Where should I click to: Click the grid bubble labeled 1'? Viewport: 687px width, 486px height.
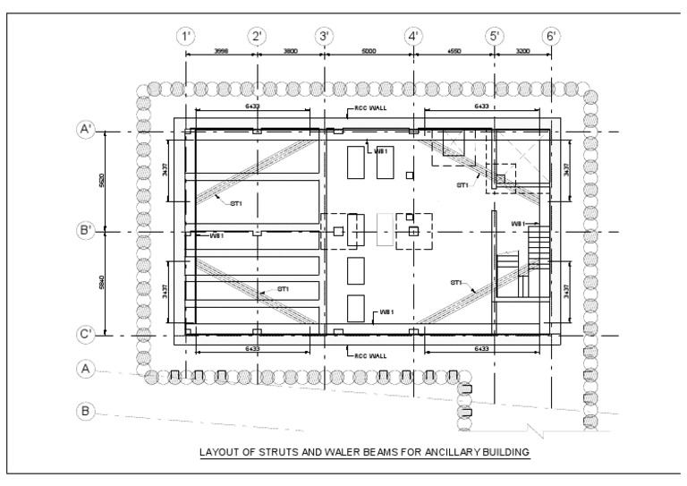point(186,37)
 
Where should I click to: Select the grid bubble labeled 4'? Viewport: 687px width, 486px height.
point(413,37)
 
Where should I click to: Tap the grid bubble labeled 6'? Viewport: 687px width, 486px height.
point(551,37)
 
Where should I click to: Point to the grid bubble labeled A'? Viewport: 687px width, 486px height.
point(86,130)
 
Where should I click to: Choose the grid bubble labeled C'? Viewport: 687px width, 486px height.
point(86,335)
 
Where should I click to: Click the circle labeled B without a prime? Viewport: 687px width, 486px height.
point(86,411)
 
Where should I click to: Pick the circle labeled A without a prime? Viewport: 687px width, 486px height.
point(86,368)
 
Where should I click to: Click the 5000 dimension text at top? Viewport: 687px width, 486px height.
point(368,52)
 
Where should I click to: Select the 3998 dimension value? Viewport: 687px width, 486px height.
point(221,52)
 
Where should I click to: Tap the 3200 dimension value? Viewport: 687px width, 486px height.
point(523,52)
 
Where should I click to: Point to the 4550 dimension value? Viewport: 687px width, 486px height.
point(454,52)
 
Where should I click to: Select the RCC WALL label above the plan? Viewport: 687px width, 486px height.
point(367,114)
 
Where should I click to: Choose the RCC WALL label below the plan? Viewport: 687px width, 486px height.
point(367,355)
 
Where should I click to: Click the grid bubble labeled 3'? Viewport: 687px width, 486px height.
point(324,37)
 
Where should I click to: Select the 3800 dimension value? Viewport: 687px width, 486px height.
point(291,52)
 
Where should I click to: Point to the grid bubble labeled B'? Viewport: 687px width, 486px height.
point(86,231)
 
